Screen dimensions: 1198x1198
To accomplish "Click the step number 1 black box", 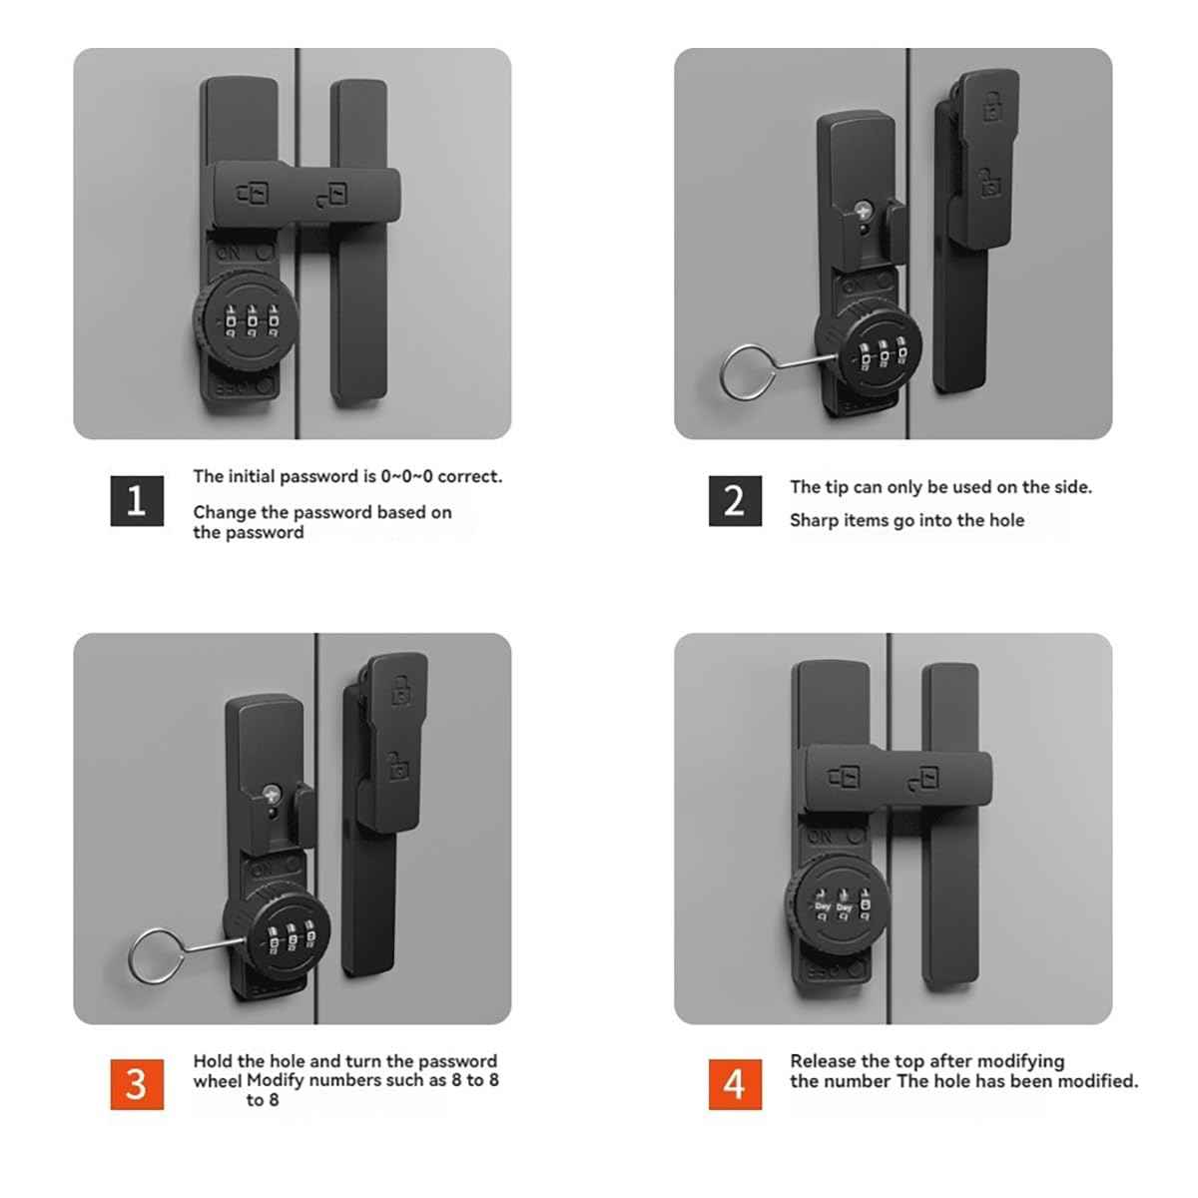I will [137, 500].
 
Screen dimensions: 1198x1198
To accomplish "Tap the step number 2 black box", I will [735, 500].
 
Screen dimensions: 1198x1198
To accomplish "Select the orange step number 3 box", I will [137, 1083].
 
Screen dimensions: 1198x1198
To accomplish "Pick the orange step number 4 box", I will [735, 1083].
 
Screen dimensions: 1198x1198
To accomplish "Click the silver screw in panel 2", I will [863, 212].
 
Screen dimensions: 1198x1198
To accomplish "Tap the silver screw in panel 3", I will [272, 796].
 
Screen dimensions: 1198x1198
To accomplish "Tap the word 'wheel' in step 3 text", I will [217, 1080].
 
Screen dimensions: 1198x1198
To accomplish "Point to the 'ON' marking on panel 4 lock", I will [820, 836].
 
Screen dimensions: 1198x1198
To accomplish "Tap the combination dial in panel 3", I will [277, 939].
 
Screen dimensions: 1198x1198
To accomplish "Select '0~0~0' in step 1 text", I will [406, 476].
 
